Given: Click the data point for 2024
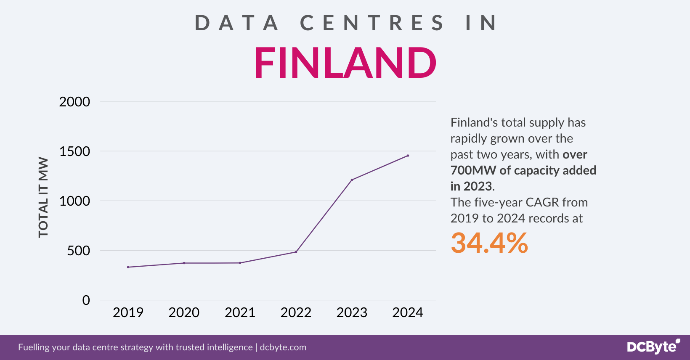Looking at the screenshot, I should pos(408,156).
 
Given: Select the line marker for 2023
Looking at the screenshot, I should pos(352,180).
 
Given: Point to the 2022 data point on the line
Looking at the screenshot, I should pos(296,252).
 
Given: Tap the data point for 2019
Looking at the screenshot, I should pos(128,267).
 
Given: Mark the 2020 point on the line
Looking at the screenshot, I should pos(184,263).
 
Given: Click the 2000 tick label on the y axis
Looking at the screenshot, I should pos(74,102).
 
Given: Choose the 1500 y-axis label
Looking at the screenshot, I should pos(74,151).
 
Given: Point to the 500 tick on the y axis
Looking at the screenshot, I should pos(79,251).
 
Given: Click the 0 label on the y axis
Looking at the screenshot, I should pos(86,300).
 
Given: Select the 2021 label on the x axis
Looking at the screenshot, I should pos(240,312).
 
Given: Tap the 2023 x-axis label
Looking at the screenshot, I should pos(352,312).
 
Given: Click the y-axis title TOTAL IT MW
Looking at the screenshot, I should pos(43,197).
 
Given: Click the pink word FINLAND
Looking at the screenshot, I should pos(345,63).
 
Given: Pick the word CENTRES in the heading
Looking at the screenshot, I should pos(372,23).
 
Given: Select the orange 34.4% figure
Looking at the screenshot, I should pos(489,243).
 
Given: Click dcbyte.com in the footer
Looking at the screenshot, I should pos(283,347).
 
